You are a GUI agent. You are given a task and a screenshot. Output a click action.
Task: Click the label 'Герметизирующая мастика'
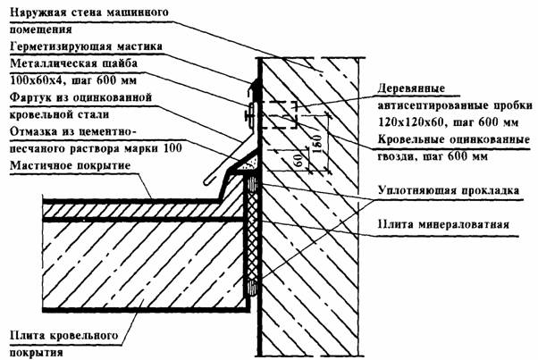86,46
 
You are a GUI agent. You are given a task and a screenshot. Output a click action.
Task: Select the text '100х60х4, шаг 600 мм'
73,80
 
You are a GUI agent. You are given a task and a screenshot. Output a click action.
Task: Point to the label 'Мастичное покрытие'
71,165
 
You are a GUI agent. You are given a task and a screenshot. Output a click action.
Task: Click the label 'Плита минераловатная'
443,224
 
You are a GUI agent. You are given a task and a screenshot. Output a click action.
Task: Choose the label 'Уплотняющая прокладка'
449,190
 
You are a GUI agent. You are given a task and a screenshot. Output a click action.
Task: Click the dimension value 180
317,143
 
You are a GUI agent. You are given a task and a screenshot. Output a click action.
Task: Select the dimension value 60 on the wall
298,160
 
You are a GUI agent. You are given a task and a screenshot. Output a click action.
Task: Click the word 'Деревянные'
411,88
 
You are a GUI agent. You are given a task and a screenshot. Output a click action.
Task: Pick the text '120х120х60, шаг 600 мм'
449,121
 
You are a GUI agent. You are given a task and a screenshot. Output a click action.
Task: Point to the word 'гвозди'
395,156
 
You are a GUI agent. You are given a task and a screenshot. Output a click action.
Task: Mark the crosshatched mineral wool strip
253,237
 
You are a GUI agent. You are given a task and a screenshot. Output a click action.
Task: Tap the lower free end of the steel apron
207,181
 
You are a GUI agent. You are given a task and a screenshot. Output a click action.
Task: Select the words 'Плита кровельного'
63,335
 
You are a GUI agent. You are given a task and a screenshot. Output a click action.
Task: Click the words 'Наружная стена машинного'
89,13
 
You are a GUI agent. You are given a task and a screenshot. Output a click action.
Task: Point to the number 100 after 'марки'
172,148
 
